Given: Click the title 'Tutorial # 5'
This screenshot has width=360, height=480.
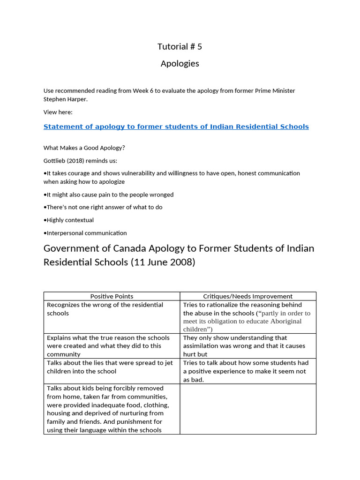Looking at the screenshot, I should pyautogui.click(x=180, y=46).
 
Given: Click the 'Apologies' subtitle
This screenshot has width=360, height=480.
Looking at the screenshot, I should pyautogui.click(x=180, y=63).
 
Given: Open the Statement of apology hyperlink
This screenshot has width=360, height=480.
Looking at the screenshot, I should pyautogui.click(x=176, y=127).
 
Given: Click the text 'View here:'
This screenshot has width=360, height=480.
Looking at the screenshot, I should pyautogui.click(x=58, y=112).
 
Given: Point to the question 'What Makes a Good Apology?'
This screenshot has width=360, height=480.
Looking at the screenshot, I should pyautogui.click(x=84, y=148).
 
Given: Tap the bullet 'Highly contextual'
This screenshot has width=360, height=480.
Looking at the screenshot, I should pyautogui.click(x=70, y=220).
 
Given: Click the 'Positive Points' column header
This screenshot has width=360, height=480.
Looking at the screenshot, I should pyautogui.click(x=112, y=296).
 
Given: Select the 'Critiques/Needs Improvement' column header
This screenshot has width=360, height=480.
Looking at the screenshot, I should pyautogui.click(x=247, y=296).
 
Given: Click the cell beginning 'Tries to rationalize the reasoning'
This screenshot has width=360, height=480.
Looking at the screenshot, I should pyautogui.click(x=247, y=317).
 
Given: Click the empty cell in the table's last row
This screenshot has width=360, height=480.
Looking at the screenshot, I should pyautogui.click(x=247, y=409).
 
